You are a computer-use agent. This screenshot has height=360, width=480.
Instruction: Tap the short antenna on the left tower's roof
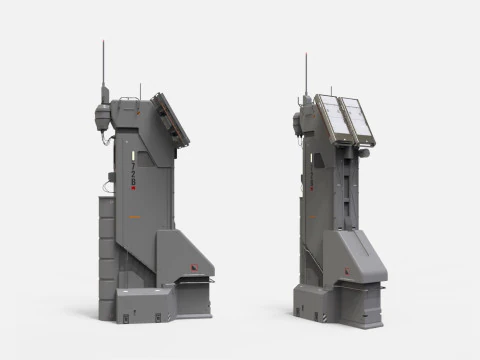coord(140,91)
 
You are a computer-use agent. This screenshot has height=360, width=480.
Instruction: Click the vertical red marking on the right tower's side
coord(311,176)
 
